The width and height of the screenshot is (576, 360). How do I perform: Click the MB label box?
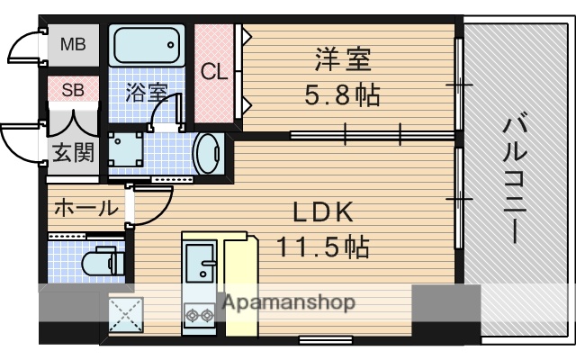click(x=74, y=44)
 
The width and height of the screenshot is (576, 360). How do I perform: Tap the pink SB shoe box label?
click(x=74, y=90)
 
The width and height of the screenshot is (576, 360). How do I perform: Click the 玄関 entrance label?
click(x=73, y=151)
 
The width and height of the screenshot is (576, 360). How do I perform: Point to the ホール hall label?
click(x=85, y=209)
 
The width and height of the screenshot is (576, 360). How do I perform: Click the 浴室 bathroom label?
click(x=146, y=92)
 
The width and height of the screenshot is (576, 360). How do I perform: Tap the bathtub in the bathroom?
click(x=147, y=45)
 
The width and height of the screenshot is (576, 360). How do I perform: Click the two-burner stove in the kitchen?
click(x=197, y=315)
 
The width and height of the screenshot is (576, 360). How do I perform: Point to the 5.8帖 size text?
click(x=343, y=94)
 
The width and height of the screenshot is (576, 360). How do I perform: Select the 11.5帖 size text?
click(x=323, y=245)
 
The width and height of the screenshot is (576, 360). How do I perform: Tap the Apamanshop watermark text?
click(x=288, y=302)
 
